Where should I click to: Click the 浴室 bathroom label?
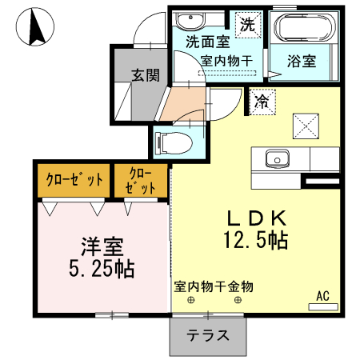(302, 60)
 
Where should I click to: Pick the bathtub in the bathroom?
(303, 29)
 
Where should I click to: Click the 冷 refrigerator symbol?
(261, 102)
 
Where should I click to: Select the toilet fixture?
(175, 142)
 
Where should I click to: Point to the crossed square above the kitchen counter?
(306, 125)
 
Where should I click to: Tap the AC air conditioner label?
(322, 296)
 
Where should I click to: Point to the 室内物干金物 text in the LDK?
(214, 286)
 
